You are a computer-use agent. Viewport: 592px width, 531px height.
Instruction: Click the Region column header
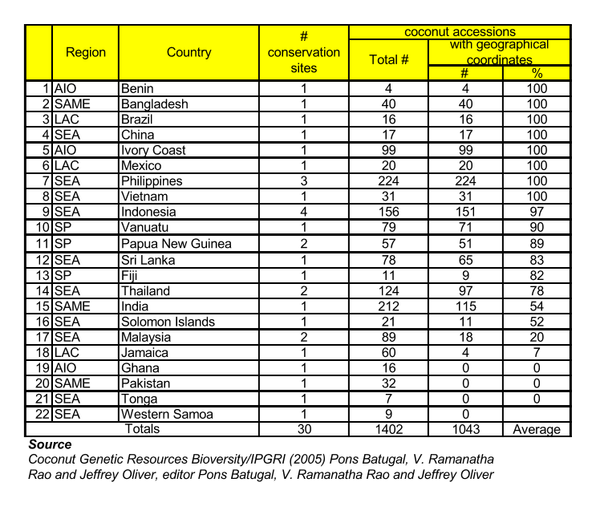85,52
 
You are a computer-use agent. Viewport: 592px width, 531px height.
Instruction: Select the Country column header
189,52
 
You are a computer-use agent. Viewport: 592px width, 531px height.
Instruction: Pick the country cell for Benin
136,88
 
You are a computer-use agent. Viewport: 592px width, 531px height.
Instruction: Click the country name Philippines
152,181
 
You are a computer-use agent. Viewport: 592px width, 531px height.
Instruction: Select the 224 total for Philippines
388,181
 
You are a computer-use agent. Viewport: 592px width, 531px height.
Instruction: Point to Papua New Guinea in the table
176,244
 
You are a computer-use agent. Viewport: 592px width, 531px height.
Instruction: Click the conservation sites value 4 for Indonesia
304,213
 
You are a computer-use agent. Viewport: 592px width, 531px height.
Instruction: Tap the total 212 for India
388,306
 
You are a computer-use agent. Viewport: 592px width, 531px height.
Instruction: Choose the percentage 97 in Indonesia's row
537,213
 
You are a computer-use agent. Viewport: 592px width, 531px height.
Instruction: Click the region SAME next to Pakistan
73,383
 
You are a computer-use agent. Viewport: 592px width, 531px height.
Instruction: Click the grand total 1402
388,429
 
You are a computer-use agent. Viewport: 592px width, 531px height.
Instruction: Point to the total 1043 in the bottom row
465,429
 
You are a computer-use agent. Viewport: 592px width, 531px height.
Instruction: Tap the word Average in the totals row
537,429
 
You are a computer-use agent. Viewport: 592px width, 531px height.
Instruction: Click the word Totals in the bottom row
140,429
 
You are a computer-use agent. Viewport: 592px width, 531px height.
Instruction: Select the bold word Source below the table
50,444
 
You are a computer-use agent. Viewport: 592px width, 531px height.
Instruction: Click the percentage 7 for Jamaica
537,352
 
